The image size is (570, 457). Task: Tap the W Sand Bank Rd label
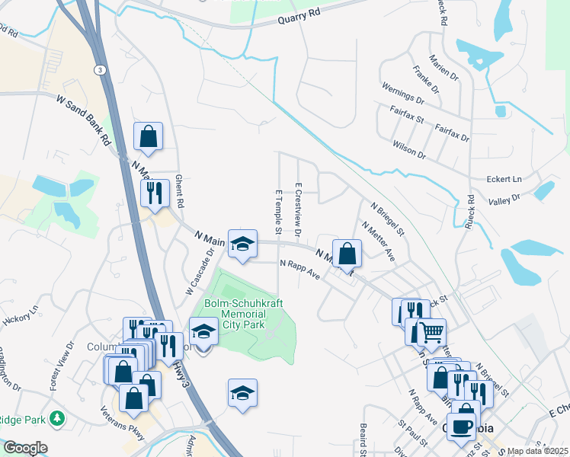tap(84, 120)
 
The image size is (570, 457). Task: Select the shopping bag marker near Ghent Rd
tap(149, 137)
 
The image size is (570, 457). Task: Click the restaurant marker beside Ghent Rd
tap(155, 193)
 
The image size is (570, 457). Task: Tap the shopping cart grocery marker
tap(431, 332)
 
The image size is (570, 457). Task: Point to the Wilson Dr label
tap(409, 148)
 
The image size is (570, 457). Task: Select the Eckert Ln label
tap(504, 179)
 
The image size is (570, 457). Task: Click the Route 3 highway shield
tap(99, 69)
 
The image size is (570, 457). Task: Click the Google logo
tap(25, 447)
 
